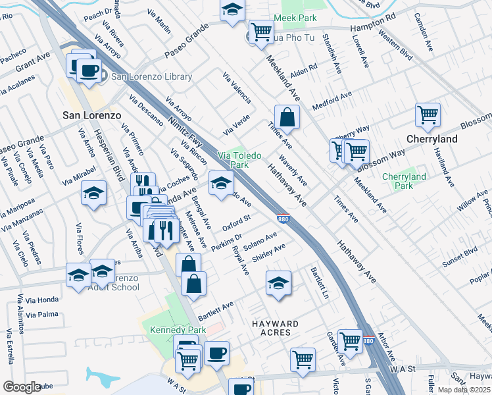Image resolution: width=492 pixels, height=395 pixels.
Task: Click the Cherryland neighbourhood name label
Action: [x=431, y=140]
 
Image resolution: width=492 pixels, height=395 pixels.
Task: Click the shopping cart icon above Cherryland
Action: [x=428, y=115]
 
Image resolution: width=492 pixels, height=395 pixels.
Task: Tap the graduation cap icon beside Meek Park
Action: [x=232, y=10]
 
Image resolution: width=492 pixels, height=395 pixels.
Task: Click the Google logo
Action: [x=22, y=387]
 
